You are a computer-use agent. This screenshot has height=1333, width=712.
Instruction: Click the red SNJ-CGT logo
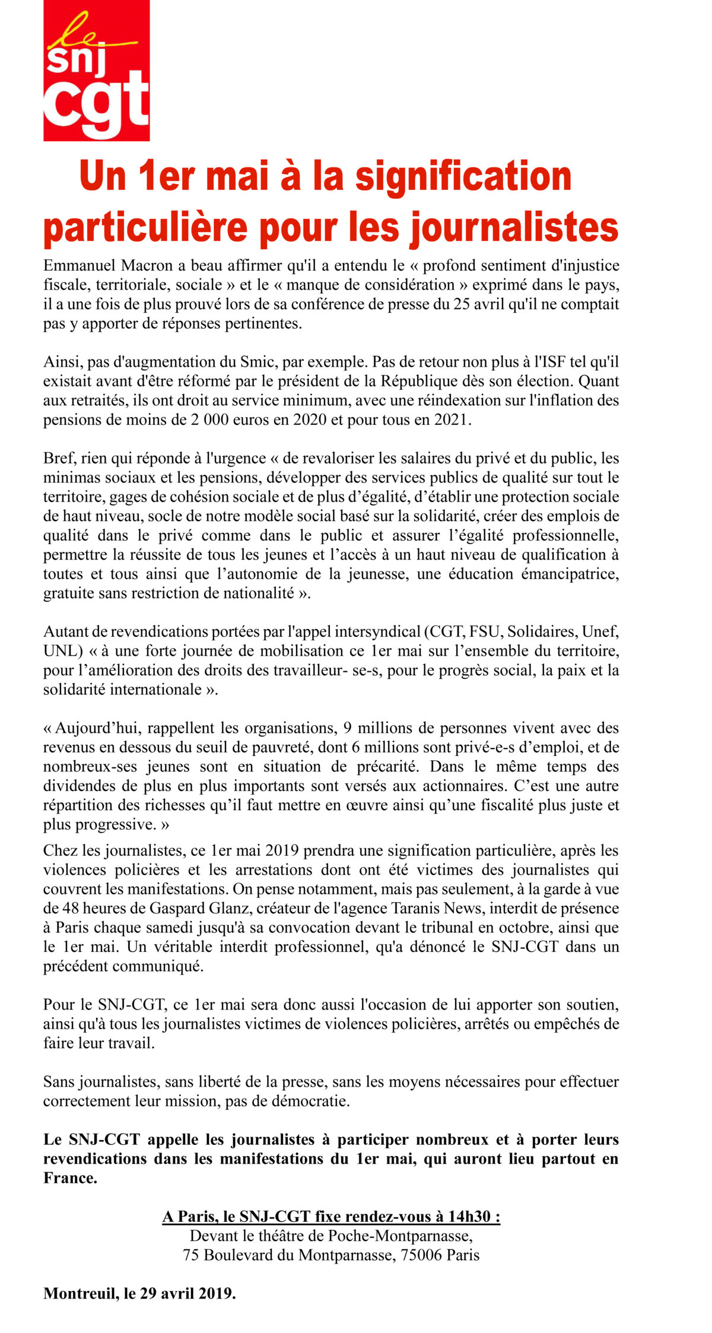(96, 71)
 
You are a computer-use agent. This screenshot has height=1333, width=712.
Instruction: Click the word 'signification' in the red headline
(463, 176)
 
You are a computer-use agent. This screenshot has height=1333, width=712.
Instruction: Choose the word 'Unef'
(600, 631)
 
